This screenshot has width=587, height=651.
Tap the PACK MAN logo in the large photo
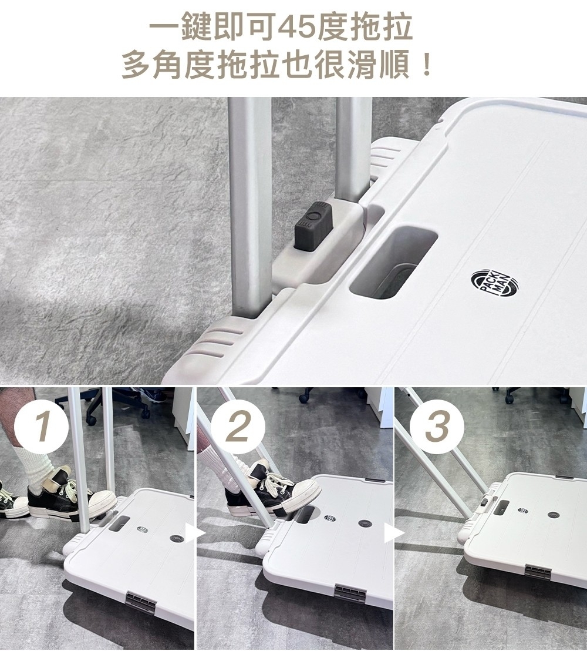[492, 284]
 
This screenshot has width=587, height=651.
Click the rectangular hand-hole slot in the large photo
[393, 263]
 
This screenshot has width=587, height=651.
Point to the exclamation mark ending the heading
[426, 65]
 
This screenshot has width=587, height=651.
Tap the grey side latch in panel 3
[540, 572]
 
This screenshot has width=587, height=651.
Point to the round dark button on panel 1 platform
[177, 538]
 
